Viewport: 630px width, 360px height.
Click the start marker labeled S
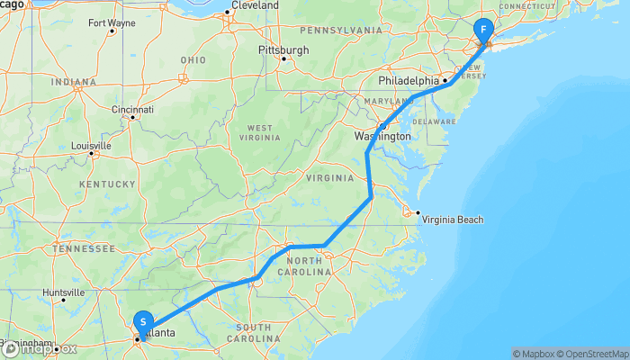143,321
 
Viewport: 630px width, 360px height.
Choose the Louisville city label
92,145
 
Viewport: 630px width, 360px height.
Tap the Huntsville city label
63,292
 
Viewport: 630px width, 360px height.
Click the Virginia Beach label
453,220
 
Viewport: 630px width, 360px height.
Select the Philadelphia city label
408,80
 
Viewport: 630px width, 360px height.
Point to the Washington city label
382,137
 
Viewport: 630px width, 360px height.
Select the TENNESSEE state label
79,247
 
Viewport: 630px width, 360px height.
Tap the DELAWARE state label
435,121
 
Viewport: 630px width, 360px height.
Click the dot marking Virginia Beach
417,214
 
